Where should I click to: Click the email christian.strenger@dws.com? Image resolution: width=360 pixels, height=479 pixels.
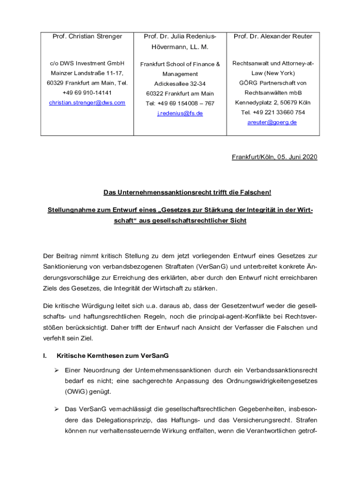tap(87, 102)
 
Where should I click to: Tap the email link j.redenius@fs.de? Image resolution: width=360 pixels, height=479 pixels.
tap(180, 113)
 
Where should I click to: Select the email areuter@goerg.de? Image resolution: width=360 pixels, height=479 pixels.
tap(272, 122)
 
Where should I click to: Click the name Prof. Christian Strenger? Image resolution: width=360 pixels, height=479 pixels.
tap(87, 36)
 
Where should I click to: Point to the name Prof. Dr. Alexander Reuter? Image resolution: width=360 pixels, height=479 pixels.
tap(273, 36)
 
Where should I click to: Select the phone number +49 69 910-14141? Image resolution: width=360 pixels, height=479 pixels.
tap(87, 93)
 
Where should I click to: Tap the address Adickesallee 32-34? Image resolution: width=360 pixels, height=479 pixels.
tap(180, 84)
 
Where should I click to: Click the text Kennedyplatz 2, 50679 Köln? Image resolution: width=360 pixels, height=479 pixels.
tap(273, 102)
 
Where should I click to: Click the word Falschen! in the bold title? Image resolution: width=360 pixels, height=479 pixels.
tap(255, 193)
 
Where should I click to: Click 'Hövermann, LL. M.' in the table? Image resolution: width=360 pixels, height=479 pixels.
tap(180, 47)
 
